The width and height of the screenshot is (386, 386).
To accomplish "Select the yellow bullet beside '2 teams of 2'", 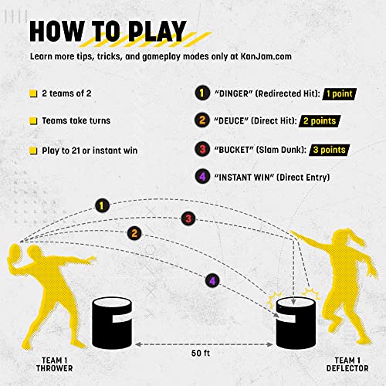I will click(34, 93).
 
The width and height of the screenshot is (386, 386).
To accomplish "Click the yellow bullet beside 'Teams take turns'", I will click(34, 121).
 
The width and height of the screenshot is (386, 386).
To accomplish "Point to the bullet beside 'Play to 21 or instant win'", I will click(34, 149).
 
